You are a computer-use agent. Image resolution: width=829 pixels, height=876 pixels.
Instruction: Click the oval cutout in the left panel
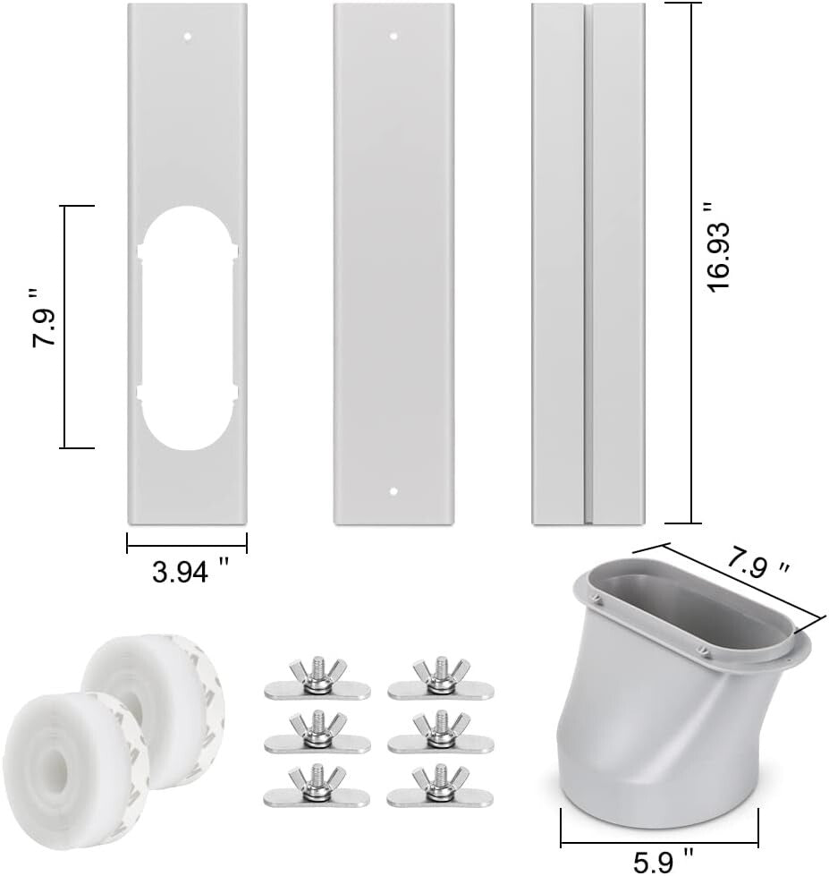188,327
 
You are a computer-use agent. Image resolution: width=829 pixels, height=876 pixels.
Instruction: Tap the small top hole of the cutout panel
188,37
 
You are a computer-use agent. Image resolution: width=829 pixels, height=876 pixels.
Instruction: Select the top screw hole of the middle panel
393,37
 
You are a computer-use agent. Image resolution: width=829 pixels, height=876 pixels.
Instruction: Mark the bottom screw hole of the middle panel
393,491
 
